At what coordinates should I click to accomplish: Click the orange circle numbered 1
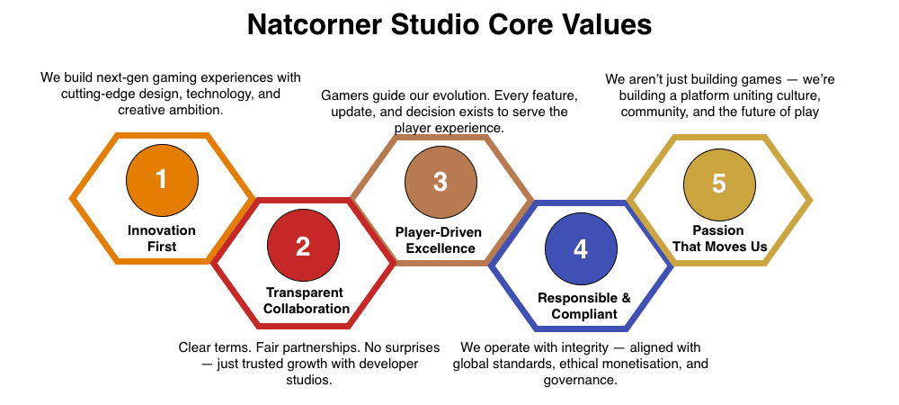[162, 179]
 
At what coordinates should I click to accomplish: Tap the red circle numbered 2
[303, 246]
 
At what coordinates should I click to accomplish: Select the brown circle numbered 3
[440, 181]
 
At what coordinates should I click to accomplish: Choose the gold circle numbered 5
[718, 183]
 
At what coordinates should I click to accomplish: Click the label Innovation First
[162, 238]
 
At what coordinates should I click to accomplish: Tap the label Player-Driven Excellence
[439, 240]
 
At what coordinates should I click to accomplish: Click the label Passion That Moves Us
[719, 238]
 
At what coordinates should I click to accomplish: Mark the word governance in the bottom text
[580, 380]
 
